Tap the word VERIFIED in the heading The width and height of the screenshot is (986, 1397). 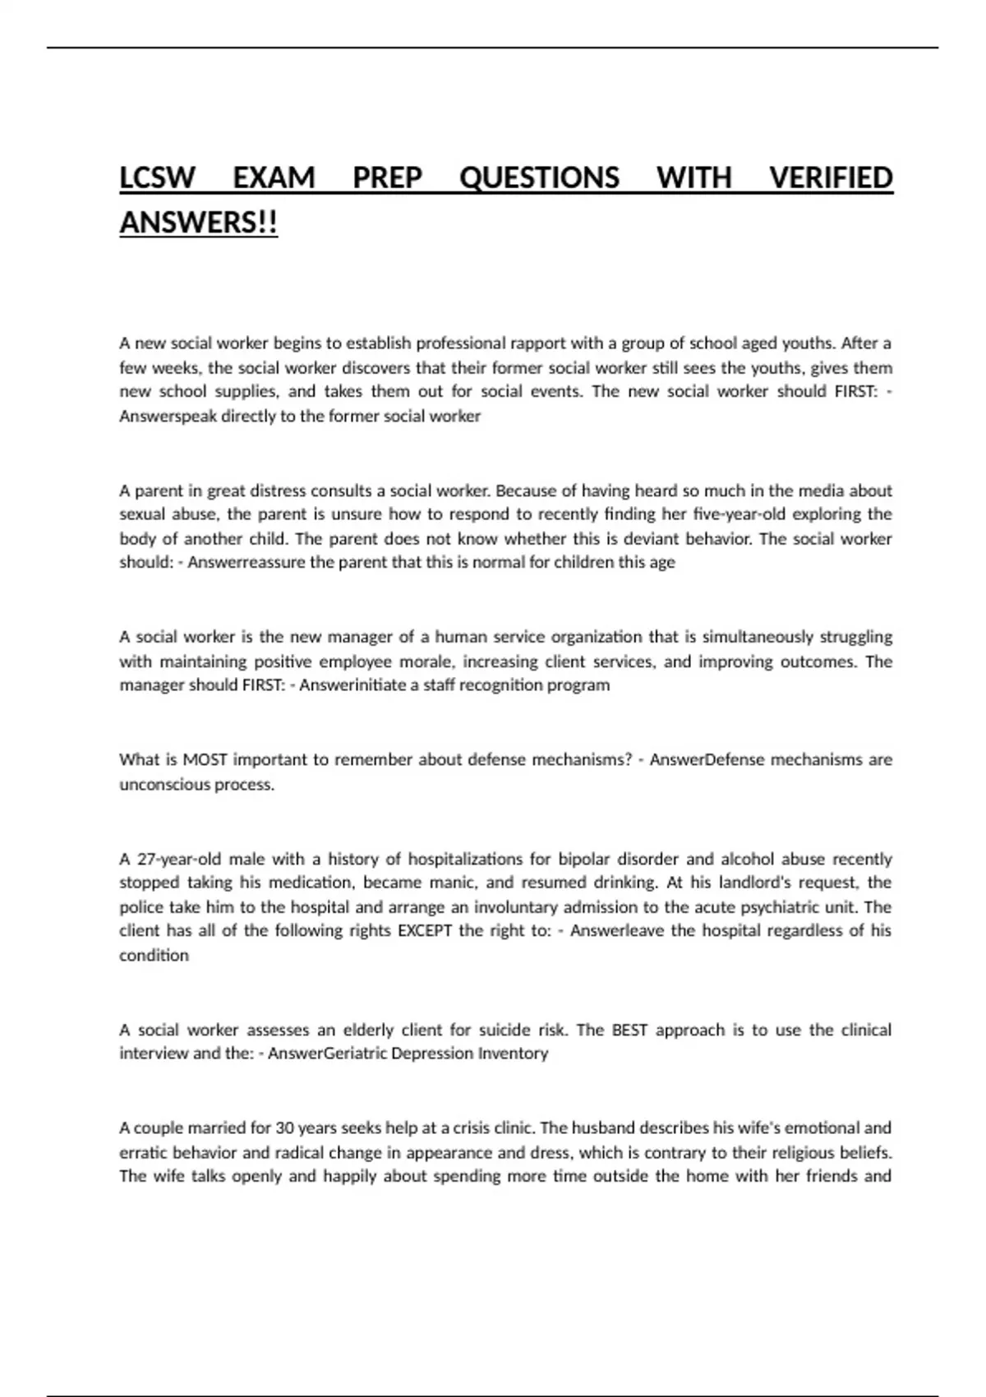click(x=831, y=178)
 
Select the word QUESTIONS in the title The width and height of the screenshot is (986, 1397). click(x=539, y=178)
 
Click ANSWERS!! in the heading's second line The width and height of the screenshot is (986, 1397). click(x=199, y=222)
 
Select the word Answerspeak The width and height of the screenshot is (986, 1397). click(x=168, y=416)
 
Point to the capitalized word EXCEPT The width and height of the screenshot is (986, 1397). click(x=425, y=931)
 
